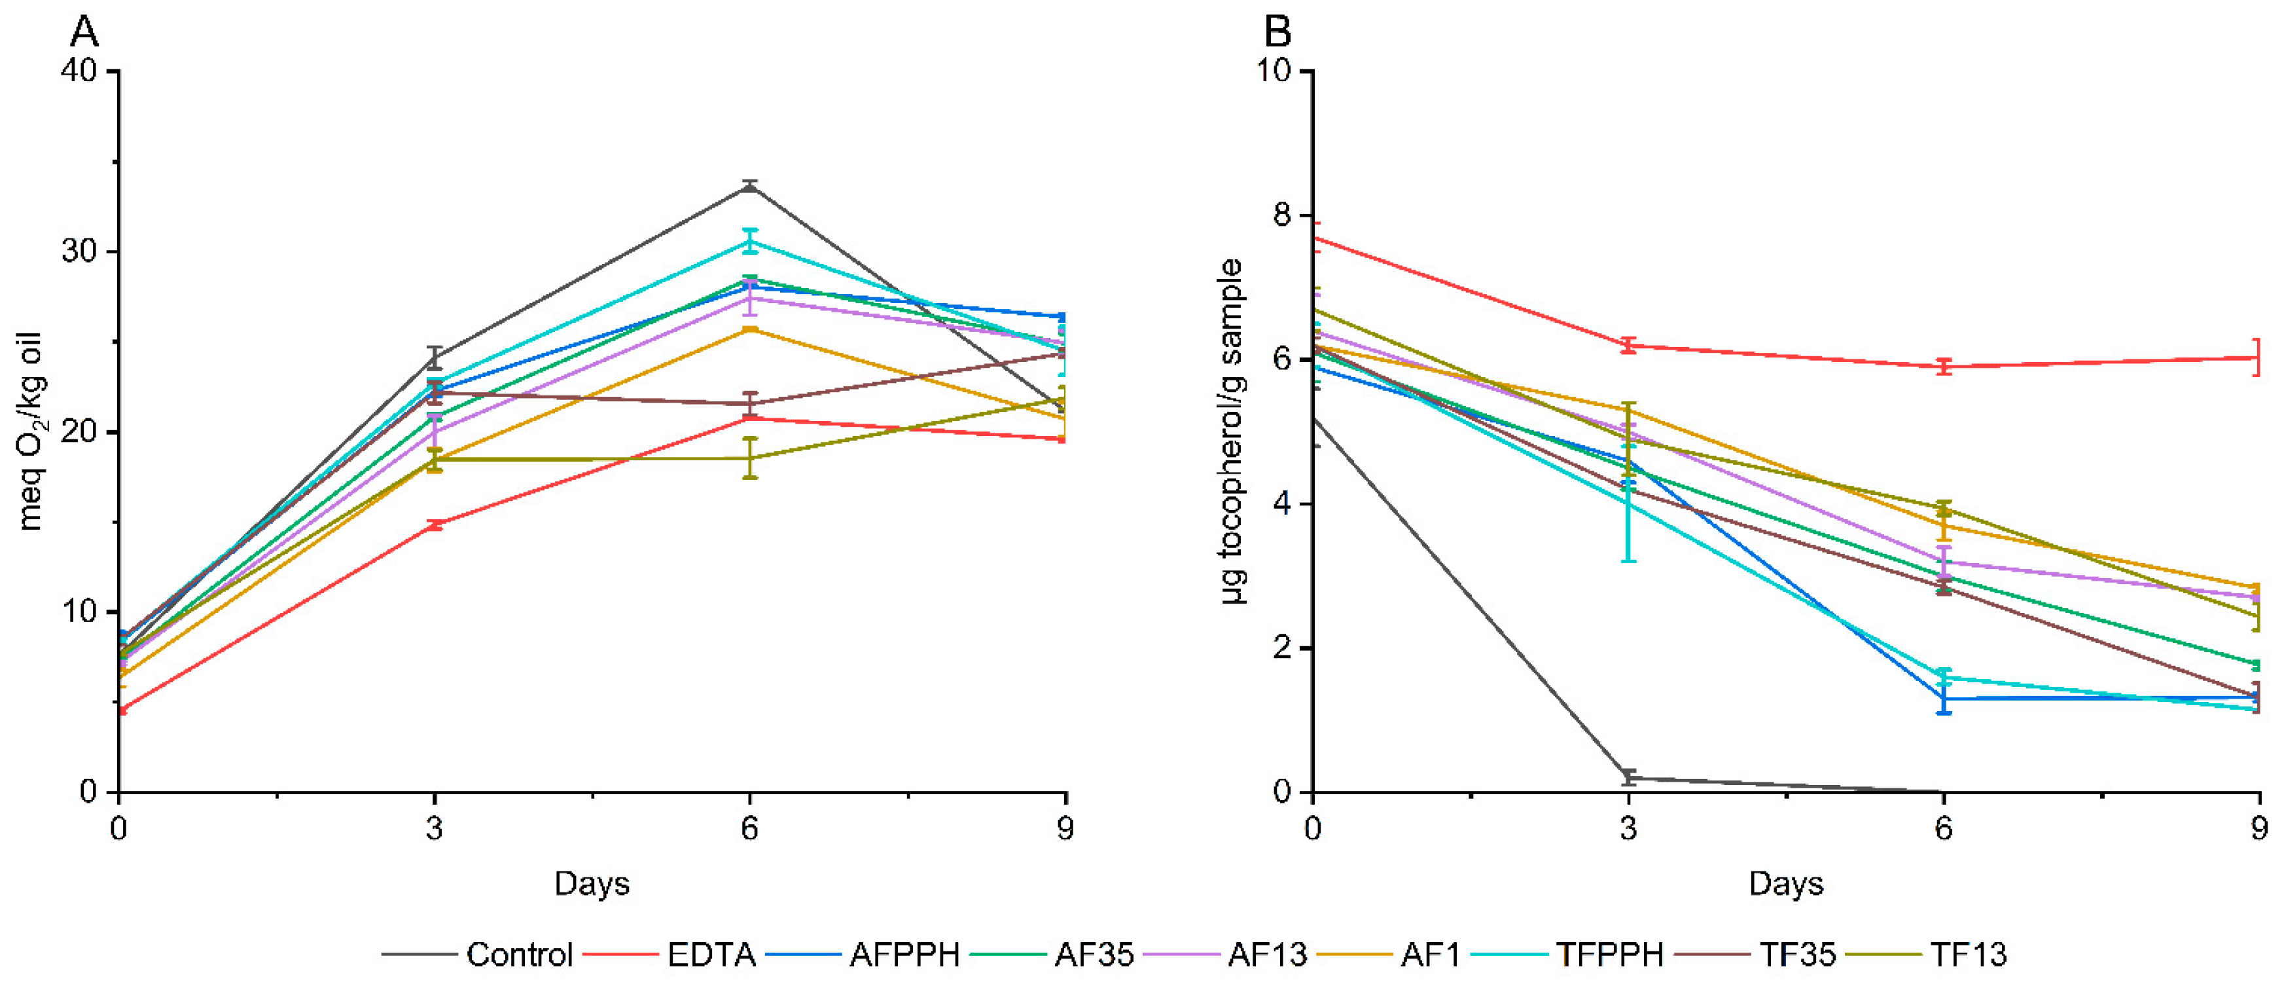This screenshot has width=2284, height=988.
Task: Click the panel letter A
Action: [84, 32]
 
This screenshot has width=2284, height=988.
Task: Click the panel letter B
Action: [1277, 32]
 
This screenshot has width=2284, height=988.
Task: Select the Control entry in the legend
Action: [519, 955]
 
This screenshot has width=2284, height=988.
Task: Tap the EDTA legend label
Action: [711, 955]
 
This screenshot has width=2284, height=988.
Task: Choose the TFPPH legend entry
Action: [1609, 955]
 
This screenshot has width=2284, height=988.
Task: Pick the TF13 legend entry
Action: [1969, 955]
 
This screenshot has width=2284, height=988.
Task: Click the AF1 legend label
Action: [1430, 955]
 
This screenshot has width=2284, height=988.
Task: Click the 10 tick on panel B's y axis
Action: [1274, 71]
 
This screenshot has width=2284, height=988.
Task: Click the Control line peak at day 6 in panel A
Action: [750, 185]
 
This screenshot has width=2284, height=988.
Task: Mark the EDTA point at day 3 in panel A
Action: [435, 525]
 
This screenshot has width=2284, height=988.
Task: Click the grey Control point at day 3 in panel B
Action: [1628, 778]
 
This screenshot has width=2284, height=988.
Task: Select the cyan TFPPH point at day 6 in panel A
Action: [750, 241]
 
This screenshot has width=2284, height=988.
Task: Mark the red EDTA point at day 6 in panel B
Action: [1944, 366]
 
